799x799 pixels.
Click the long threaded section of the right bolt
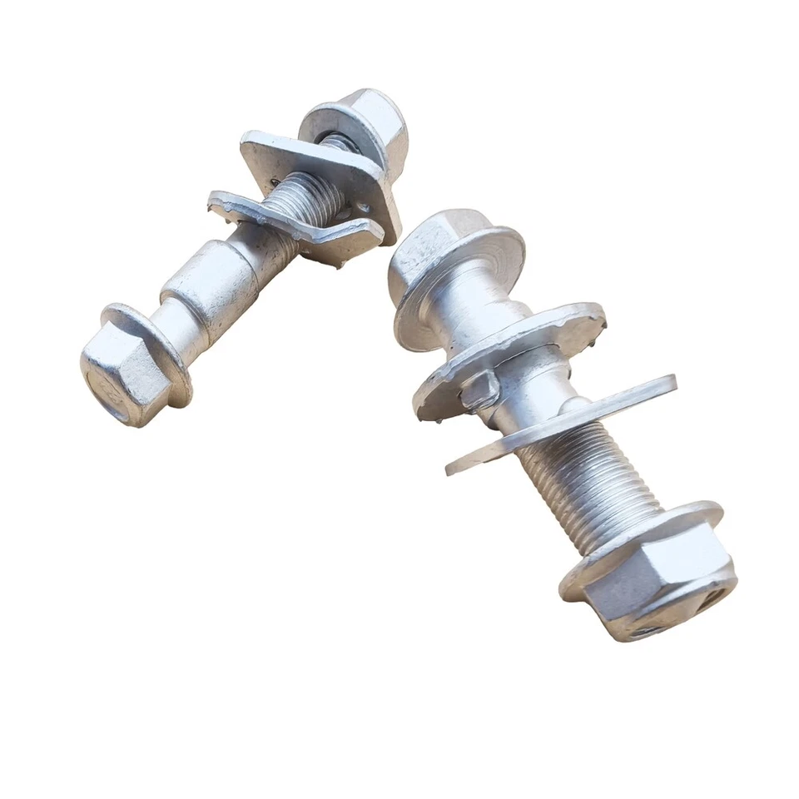coord(583,483)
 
